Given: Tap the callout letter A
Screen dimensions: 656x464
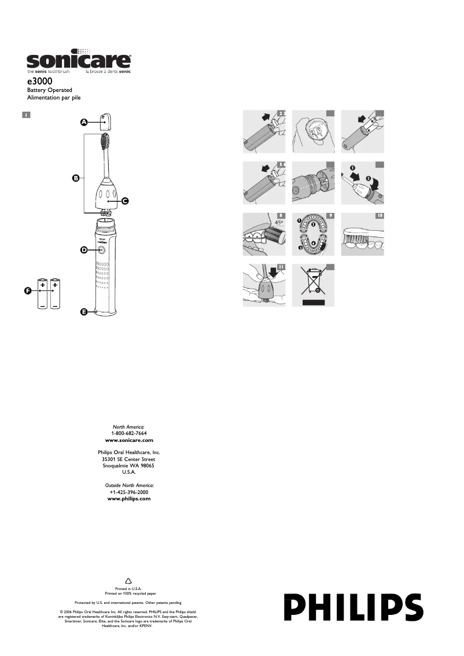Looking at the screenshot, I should tap(83, 122).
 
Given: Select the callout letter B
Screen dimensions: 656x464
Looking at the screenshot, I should tap(75, 178).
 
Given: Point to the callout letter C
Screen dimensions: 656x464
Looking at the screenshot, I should tap(124, 201).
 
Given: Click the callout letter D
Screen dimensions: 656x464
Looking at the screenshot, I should tap(83, 250).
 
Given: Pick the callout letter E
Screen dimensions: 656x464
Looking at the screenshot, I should tap(83, 312).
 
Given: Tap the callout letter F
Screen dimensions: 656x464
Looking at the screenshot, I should tap(27, 291).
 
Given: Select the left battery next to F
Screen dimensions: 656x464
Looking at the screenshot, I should tap(43, 293).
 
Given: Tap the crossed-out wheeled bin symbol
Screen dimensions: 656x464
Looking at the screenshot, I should tap(313, 282).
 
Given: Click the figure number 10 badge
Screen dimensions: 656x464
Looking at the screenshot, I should tap(380, 216).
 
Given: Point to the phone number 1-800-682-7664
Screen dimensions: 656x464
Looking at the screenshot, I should tap(128, 433).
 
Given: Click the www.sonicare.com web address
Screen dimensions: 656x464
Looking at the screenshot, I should tap(128, 440).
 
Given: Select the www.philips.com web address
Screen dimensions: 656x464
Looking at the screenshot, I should tap(129, 498).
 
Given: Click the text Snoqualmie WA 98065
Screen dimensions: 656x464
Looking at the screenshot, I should tap(128, 466).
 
